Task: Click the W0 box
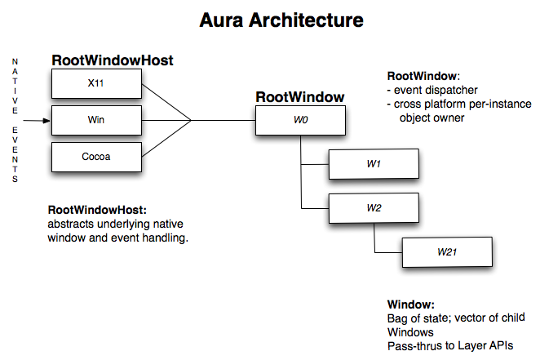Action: click(x=300, y=121)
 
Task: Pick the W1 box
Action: click(x=374, y=164)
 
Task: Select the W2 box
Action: click(x=374, y=207)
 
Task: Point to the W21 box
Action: click(x=446, y=251)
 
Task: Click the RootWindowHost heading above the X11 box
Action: click(x=113, y=60)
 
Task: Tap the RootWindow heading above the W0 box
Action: click(x=300, y=97)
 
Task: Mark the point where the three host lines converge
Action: click(x=192, y=121)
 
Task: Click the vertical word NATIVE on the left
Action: click(x=15, y=87)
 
